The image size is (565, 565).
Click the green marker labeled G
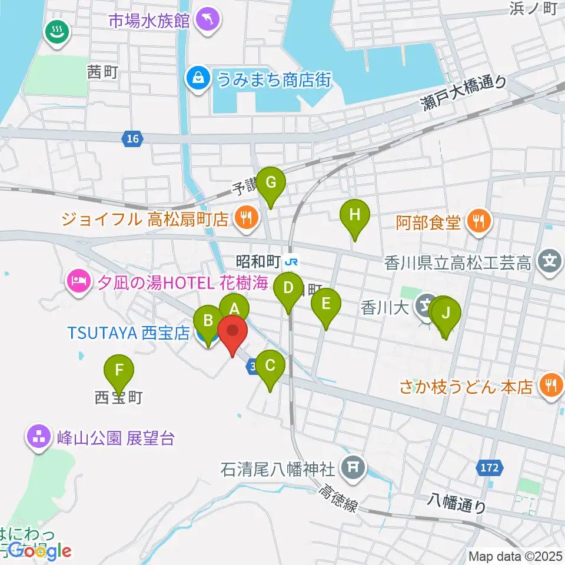(x=271, y=182)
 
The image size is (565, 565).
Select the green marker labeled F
(x=119, y=371)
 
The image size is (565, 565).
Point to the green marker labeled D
(x=288, y=289)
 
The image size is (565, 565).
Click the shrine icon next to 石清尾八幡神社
(x=353, y=469)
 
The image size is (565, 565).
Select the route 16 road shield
(x=132, y=139)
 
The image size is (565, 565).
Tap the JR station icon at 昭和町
(x=290, y=260)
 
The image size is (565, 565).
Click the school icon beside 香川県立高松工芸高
(x=550, y=260)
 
